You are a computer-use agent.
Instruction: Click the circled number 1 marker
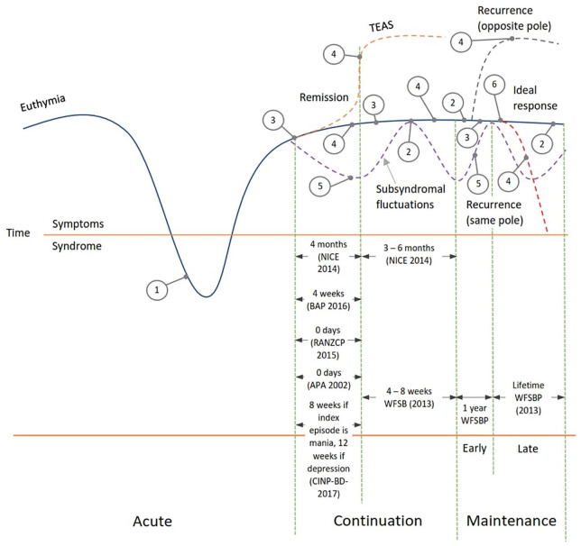[158, 289]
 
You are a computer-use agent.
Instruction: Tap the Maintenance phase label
[511, 521]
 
